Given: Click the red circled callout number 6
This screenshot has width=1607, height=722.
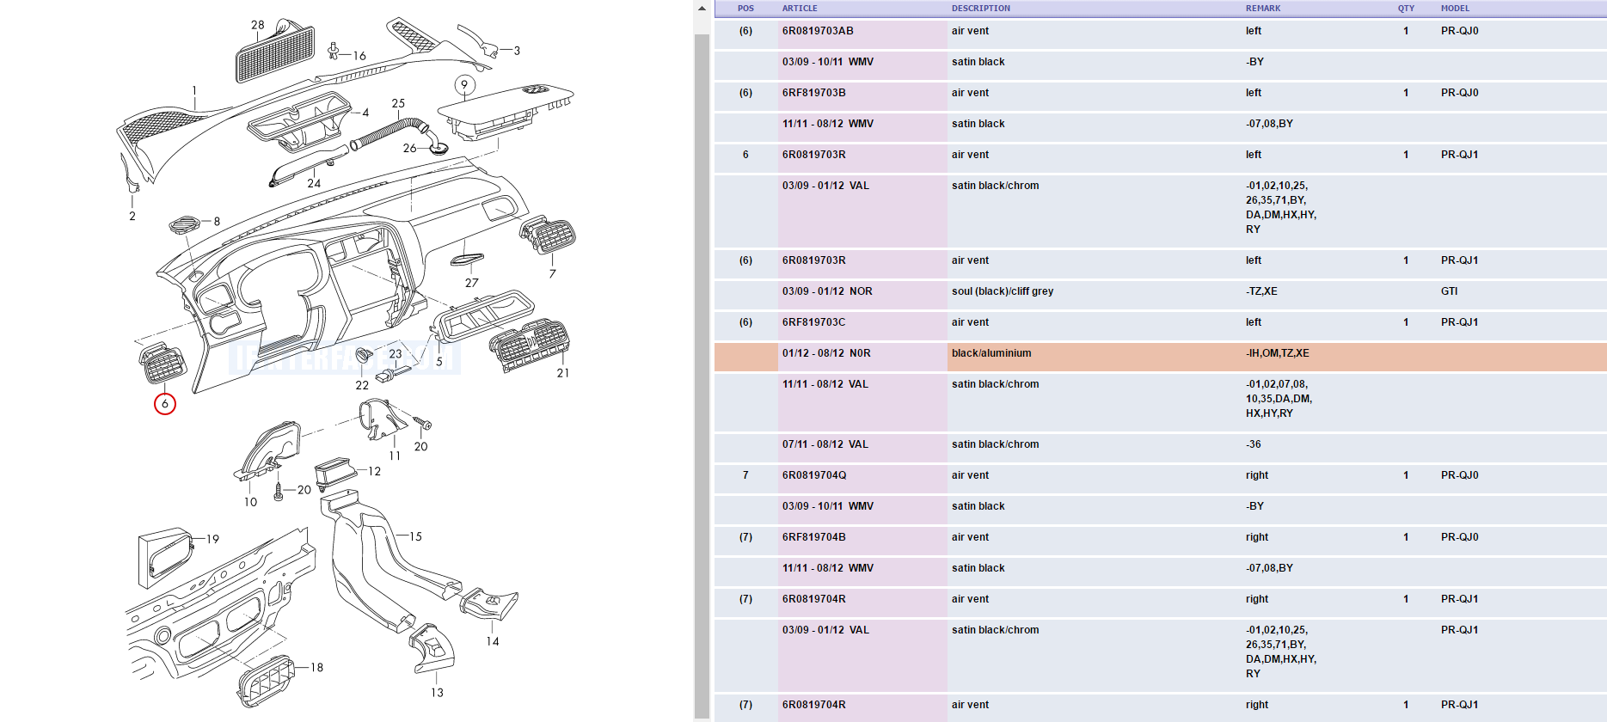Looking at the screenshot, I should click(x=165, y=404).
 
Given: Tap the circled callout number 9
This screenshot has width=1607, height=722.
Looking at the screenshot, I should click(x=464, y=84).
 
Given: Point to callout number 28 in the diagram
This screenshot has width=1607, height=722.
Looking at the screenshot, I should click(x=258, y=25).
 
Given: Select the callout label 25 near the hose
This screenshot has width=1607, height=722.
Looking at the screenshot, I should click(x=398, y=103).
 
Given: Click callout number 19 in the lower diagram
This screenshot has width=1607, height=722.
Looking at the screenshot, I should click(x=212, y=539).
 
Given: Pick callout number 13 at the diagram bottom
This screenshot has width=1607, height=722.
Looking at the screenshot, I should click(x=437, y=692).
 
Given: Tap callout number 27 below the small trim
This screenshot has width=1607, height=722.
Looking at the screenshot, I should click(x=472, y=283).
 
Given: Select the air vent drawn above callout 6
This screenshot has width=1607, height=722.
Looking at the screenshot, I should click(x=162, y=363).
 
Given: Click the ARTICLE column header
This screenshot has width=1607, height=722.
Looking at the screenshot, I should click(x=800, y=9).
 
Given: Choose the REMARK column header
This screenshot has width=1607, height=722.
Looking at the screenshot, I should click(x=1263, y=9).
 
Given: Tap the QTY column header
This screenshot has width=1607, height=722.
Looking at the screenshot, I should click(x=1406, y=9).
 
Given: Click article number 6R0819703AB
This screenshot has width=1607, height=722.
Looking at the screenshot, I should click(x=818, y=31).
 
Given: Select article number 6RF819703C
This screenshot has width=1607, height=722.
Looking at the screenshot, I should click(x=813, y=322).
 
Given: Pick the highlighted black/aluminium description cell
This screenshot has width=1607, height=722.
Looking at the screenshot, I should click(x=991, y=353).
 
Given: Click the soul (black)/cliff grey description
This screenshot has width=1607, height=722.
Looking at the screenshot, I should click(x=1003, y=291).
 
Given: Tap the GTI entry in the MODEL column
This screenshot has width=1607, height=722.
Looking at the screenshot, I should click(x=1450, y=291).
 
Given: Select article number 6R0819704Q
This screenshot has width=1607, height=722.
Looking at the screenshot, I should click(x=814, y=475).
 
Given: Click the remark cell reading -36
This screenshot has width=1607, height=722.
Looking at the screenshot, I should click(x=1254, y=444).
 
